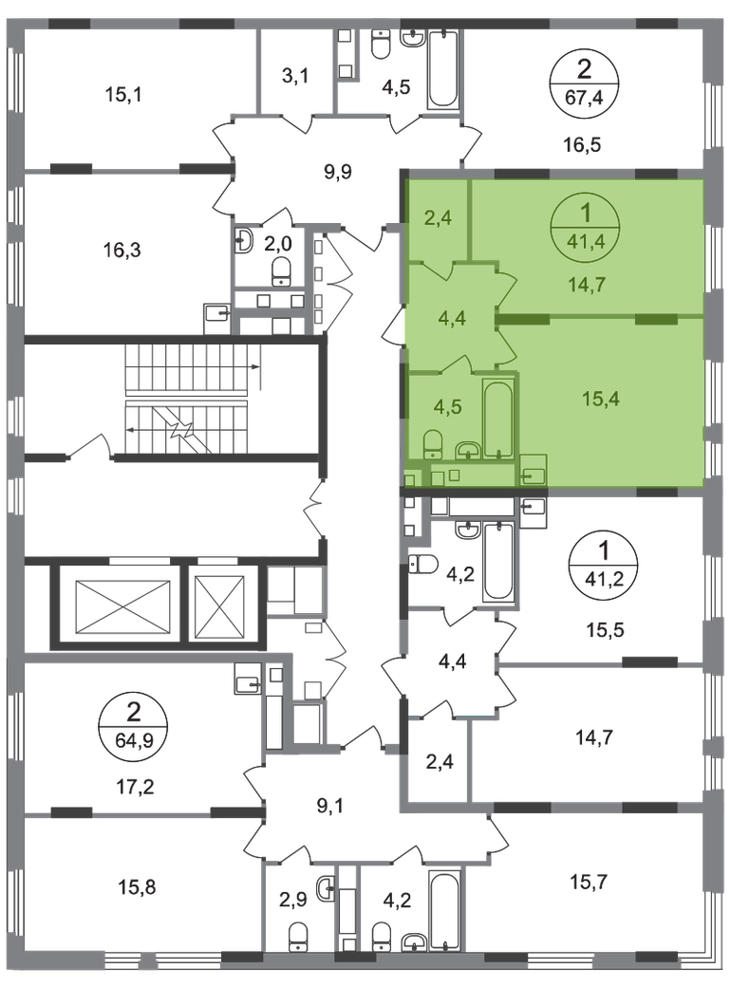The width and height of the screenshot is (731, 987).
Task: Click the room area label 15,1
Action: click(x=122, y=95)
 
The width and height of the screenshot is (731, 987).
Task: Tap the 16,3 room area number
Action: click(x=122, y=250)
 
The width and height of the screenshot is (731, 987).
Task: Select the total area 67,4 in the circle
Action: click(x=584, y=98)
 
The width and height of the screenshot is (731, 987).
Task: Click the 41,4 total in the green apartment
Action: click(x=586, y=241)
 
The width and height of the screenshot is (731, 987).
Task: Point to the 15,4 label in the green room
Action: click(x=601, y=399)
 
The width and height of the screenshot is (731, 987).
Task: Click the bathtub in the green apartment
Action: click(x=498, y=418)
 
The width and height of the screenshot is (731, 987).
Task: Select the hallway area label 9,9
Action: click(x=337, y=171)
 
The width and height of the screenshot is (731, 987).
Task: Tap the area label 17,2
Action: click(x=136, y=786)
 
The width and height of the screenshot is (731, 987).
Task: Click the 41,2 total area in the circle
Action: click(x=604, y=578)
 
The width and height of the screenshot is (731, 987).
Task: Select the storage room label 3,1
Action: click(x=294, y=77)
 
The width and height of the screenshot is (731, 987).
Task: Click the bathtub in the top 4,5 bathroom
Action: click(x=443, y=69)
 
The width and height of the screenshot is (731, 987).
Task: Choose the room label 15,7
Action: click(x=590, y=882)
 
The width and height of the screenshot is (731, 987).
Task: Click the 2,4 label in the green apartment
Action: click(x=438, y=218)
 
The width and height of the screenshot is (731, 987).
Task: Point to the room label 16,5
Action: click(x=582, y=145)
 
